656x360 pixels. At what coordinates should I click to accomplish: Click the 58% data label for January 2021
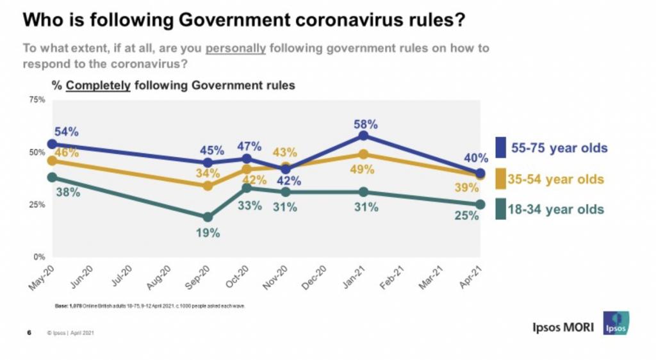point(364,122)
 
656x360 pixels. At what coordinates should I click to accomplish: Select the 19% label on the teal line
point(208,234)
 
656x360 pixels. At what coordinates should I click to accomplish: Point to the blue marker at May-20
point(52,144)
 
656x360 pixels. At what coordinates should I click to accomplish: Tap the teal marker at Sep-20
point(208,217)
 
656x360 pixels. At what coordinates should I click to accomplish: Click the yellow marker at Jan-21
point(364,154)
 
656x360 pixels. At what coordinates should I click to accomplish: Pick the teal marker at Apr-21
point(480,204)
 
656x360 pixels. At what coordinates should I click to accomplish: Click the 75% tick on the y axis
point(36,100)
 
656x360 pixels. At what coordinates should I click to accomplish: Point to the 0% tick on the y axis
point(38,257)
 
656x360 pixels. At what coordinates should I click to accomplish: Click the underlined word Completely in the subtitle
point(98,85)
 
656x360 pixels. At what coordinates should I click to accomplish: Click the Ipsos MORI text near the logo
point(563,327)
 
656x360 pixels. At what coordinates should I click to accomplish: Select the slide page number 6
point(29,332)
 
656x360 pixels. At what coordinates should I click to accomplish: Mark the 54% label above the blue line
point(66,131)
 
